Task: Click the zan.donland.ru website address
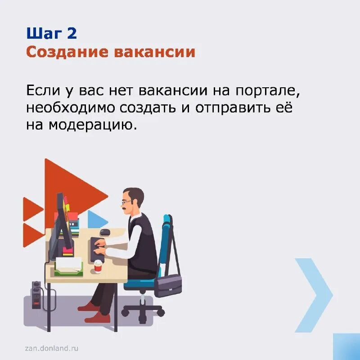tap(52, 348)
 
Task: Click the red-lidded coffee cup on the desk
tap(98, 266)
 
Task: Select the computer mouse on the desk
tap(105, 232)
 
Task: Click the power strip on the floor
tap(36, 294)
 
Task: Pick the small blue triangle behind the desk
tap(96, 220)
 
